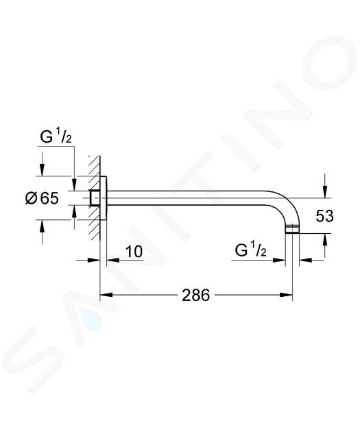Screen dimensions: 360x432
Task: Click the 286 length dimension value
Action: pos(196,296)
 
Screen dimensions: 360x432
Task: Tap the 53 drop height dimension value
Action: pos(325,216)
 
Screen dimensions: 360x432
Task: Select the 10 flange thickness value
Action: pos(134,252)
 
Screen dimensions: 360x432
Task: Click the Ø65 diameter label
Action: pos(42,198)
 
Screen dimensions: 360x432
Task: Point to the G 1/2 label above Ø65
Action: pos(56,137)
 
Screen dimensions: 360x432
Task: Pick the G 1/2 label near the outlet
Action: pos(251,250)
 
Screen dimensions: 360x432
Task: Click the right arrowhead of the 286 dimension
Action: pos(286,295)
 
